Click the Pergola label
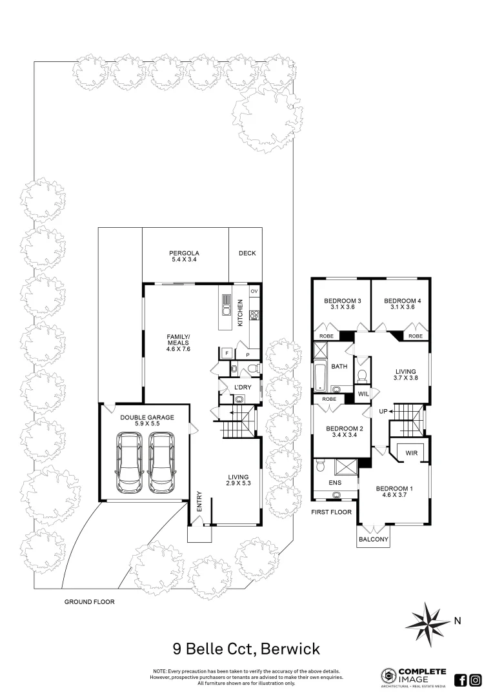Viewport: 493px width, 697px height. tap(185, 253)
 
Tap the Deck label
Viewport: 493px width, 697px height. tap(246, 253)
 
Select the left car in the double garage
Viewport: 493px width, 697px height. tap(129, 461)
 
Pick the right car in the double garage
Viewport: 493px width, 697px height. tap(161, 461)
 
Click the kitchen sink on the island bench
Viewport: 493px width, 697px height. tap(226, 305)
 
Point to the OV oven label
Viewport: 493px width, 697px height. tap(254, 292)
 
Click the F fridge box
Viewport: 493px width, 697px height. tap(226, 353)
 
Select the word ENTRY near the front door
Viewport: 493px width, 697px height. tap(200, 502)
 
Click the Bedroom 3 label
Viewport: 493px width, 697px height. tap(341, 301)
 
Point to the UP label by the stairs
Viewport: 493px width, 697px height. tap(383, 411)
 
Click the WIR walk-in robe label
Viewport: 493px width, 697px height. tap(412, 454)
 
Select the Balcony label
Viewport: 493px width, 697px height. tap(373, 540)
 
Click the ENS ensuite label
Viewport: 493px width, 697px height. tap(335, 482)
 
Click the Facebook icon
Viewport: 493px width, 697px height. tap(461, 680)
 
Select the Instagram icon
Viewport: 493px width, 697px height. tap(476, 680)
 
